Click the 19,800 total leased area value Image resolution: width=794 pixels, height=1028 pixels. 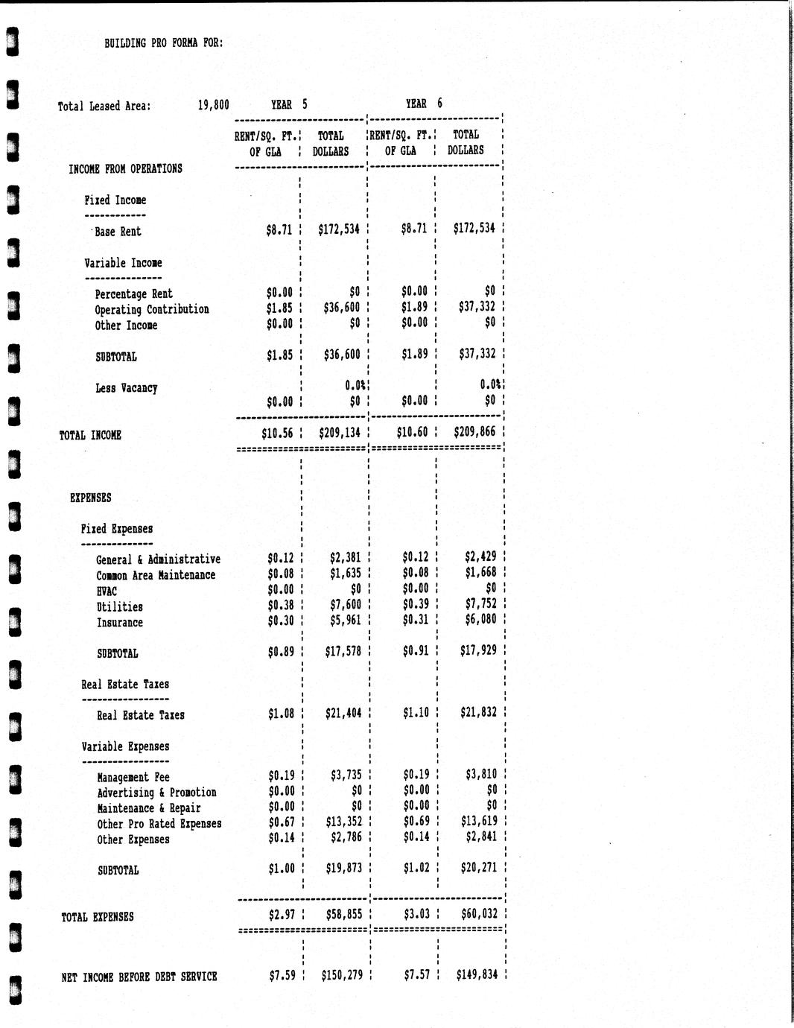point(213,105)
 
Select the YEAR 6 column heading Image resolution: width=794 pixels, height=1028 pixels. point(424,104)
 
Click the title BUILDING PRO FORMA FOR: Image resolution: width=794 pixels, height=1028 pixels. point(164,42)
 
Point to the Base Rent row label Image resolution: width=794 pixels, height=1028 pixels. point(118,232)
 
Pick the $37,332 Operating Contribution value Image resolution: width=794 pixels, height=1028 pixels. point(477,306)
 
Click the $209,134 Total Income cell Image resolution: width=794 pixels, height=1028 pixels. point(340,432)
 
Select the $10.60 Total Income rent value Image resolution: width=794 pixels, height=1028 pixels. point(413,432)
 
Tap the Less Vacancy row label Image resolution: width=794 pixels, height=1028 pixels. point(126,388)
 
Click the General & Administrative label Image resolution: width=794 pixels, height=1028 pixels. point(158,559)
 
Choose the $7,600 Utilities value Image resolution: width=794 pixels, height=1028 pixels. point(345,604)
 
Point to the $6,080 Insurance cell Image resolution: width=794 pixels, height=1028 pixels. point(480,620)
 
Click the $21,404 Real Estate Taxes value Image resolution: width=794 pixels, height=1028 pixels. point(343,714)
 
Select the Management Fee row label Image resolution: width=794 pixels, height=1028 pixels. point(133,777)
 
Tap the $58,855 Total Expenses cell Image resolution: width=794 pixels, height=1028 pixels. point(344,913)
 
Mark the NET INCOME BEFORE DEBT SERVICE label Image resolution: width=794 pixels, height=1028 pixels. point(139,977)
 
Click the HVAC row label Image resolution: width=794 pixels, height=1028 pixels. point(107,591)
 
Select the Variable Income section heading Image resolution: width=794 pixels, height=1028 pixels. point(123,263)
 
